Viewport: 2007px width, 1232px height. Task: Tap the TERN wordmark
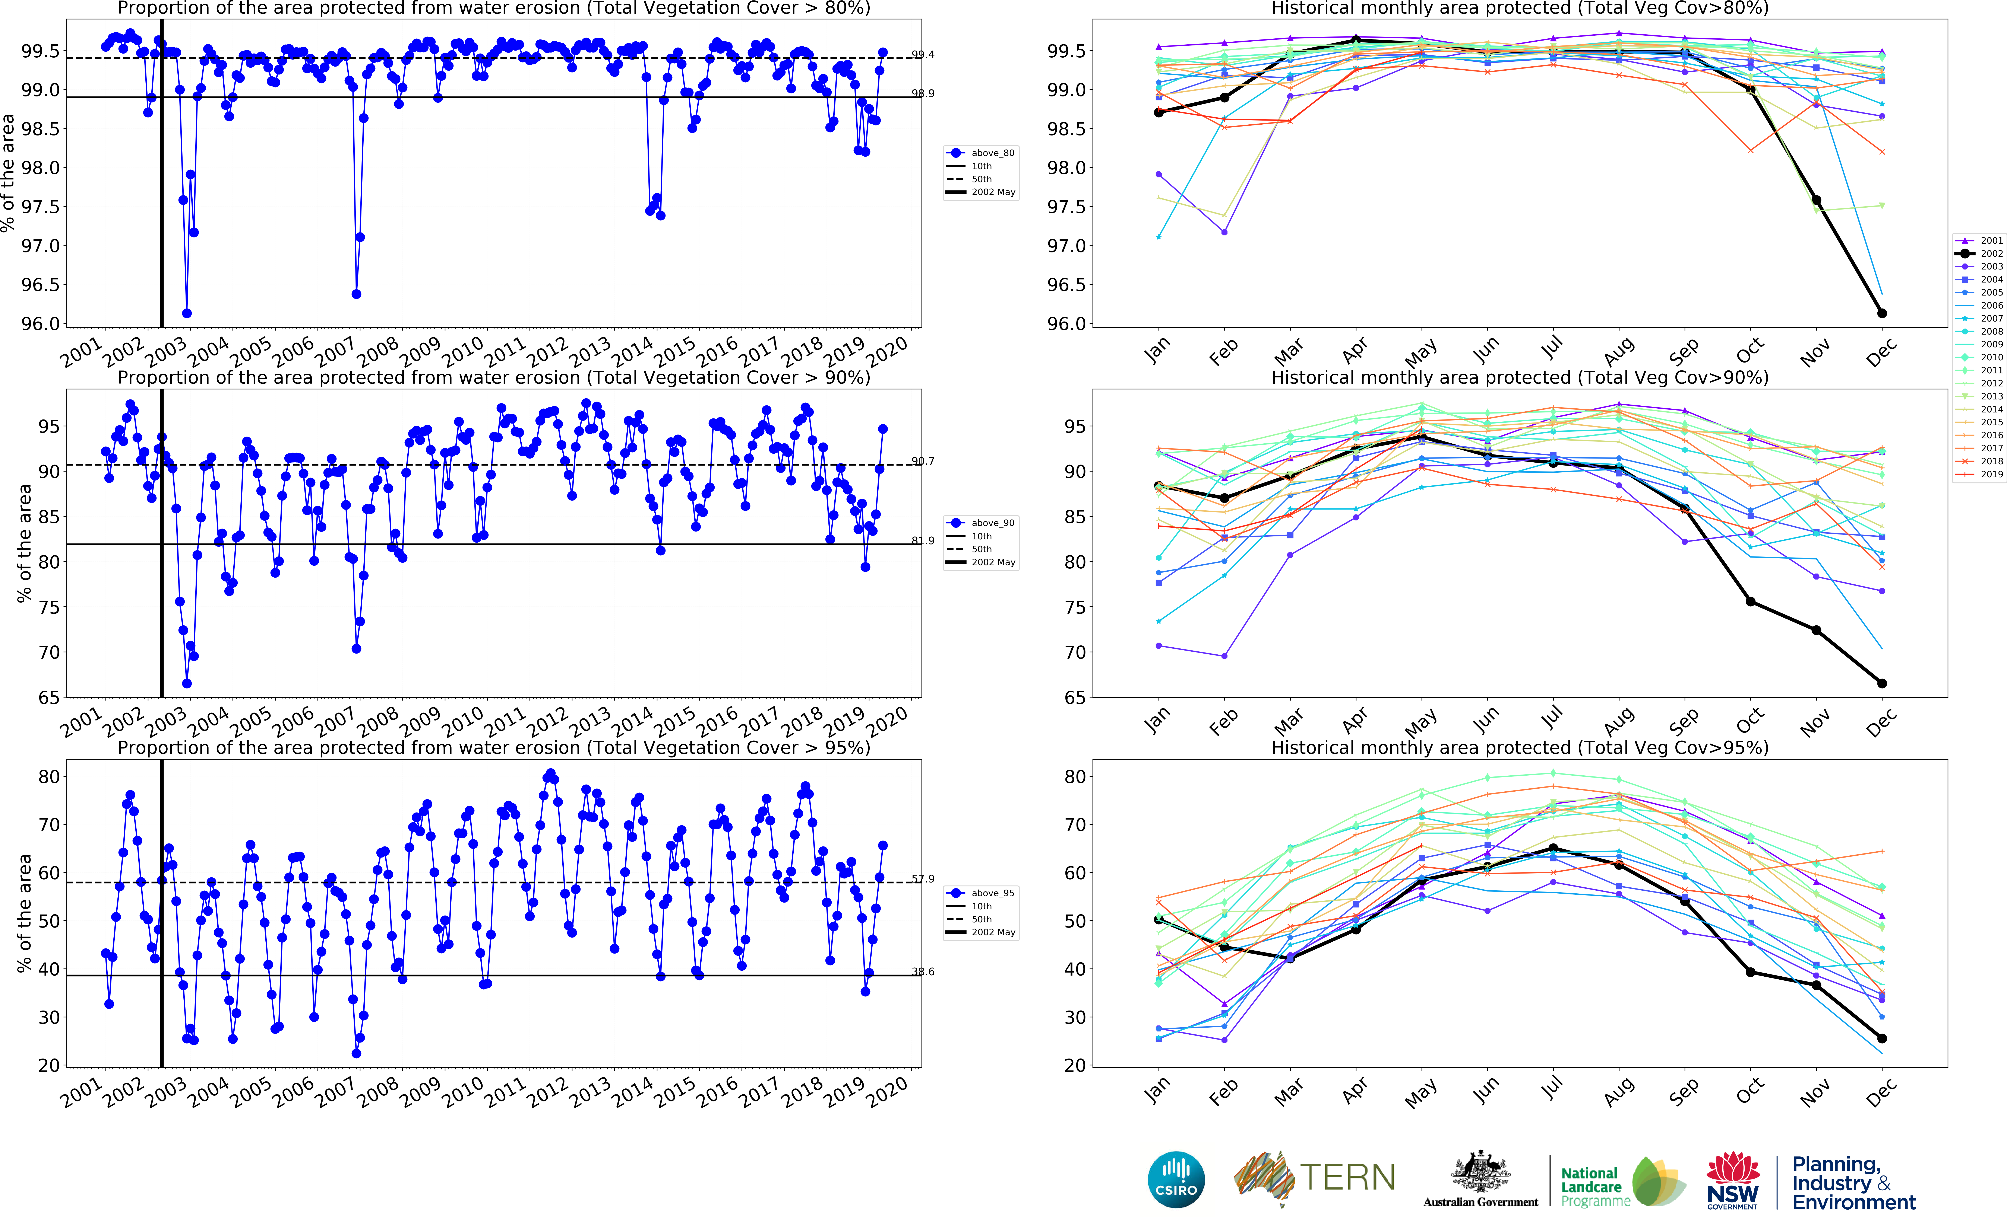[1347, 1177]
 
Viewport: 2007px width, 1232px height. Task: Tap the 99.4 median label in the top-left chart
[923, 55]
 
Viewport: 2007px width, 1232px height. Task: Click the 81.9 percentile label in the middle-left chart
[923, 540]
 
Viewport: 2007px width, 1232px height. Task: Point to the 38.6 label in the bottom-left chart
[923, 971]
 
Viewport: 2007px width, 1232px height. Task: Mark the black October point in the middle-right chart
[1750, 602]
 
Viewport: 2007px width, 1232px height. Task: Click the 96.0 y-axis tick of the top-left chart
[41, 323]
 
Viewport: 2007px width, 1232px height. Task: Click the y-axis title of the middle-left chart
[25, 543]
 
